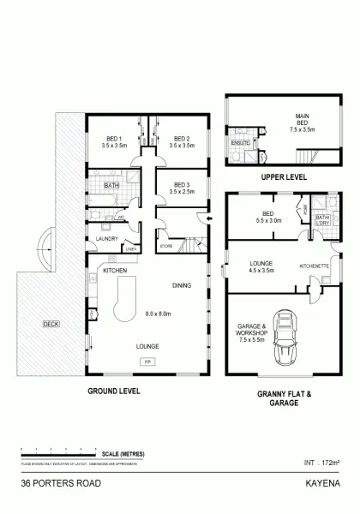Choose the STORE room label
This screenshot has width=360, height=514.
pyautogui.click(x=165, y=247)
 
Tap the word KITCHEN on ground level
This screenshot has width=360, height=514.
pyautogui.click(x=115, y=271)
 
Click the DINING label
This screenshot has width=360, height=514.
pyautogui.click(x=181, y=285)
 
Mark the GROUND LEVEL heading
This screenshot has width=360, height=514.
pyautogui.click(x=114, y=391)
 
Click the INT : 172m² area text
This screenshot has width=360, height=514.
pyautogui.click(x=323, y=465)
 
